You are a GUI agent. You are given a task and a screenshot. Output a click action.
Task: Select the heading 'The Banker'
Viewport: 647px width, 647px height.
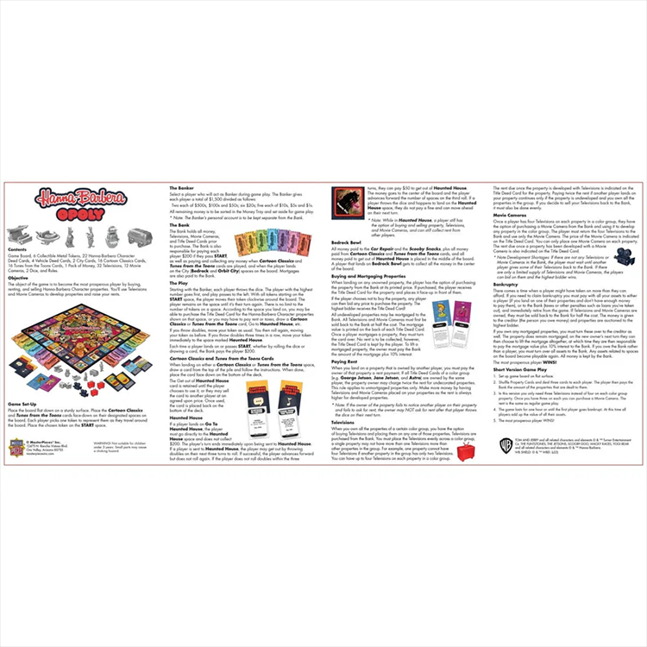(x=181, y=186)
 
